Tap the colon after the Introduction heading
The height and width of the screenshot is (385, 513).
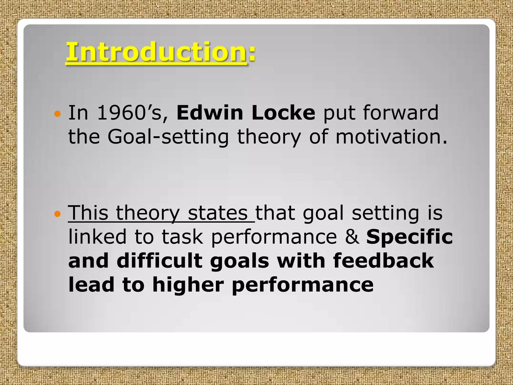(252, 53)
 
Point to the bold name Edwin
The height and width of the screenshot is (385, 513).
(210, 113)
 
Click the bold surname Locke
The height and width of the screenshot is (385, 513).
(283, 113)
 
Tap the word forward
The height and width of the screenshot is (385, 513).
(401, 113)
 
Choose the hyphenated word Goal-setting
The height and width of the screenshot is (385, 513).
(168, 137)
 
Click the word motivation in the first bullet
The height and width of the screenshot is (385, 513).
(391, 137)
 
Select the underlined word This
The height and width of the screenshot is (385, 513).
(88, 213)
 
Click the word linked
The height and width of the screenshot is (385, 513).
(97, 237)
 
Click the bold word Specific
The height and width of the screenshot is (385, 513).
(410, 237)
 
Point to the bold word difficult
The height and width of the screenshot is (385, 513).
(159, 261)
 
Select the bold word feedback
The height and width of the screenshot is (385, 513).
(383, 261)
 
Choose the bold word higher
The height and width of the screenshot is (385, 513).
(188, 285)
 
